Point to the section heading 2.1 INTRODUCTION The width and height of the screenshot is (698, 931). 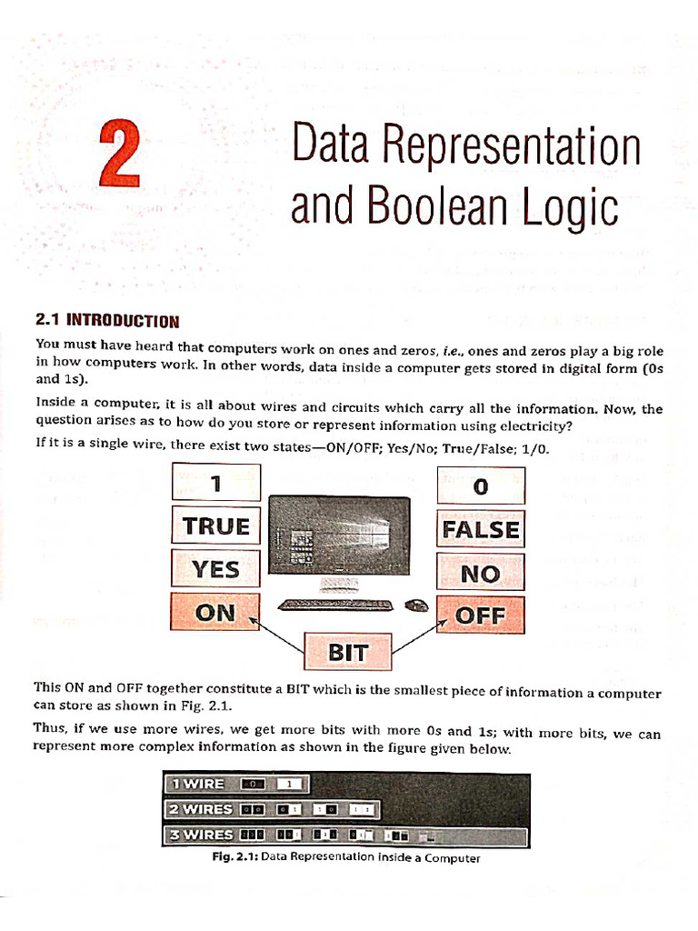[x=107, y=320]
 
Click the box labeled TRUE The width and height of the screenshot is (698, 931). [x=216, y=526]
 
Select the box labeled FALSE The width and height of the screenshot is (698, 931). [x=481, y=529]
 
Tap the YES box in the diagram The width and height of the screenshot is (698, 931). [x=216, y=570]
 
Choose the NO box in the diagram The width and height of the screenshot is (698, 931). [x=481, y=573]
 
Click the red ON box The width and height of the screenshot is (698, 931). [x=215, y=612]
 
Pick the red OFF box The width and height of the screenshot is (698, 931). [x=481, y=616]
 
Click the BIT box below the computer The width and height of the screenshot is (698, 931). [x=348, y=651]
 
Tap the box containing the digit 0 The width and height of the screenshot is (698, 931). [x=481, y=486]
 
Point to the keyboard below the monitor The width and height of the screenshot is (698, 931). [x=336, y=605]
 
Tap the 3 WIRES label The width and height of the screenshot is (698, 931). [x=198, y=834]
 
